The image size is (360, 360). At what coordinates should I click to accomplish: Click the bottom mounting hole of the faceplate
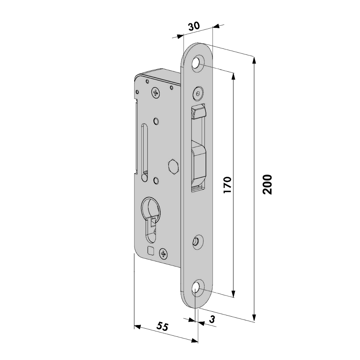[196, 289]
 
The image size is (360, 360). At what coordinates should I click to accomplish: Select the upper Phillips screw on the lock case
[156, 93]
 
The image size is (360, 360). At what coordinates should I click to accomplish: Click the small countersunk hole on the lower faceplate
[197, 241]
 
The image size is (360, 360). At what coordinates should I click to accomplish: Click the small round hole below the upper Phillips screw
[156, 121]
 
